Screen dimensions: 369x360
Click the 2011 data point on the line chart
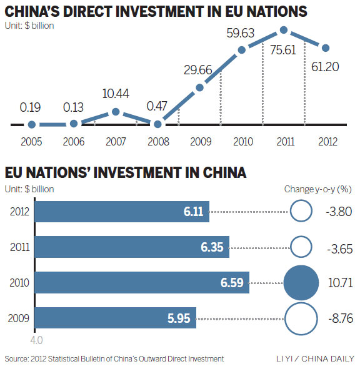(284, 30)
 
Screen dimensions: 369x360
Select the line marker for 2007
(116, 112)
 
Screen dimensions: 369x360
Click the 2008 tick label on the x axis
(157, 141)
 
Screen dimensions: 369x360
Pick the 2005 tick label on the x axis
(31, 141)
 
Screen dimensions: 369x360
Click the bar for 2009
(115, 318)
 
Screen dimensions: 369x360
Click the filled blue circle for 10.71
(302, 282)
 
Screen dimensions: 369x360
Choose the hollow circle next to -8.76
(302, 318)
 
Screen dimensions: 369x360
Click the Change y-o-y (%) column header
(317, 189)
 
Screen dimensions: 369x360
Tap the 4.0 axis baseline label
(36, 341)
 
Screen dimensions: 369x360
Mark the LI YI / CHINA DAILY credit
(314, 359)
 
